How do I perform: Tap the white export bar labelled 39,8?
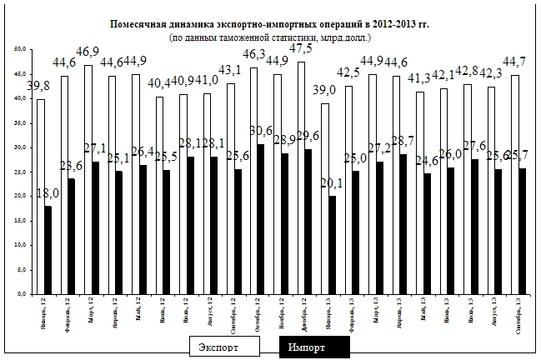click(40, 196)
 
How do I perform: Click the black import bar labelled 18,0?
click(48, 249)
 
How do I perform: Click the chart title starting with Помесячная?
click(270, 26)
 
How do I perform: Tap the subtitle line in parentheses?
click(270, 37)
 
